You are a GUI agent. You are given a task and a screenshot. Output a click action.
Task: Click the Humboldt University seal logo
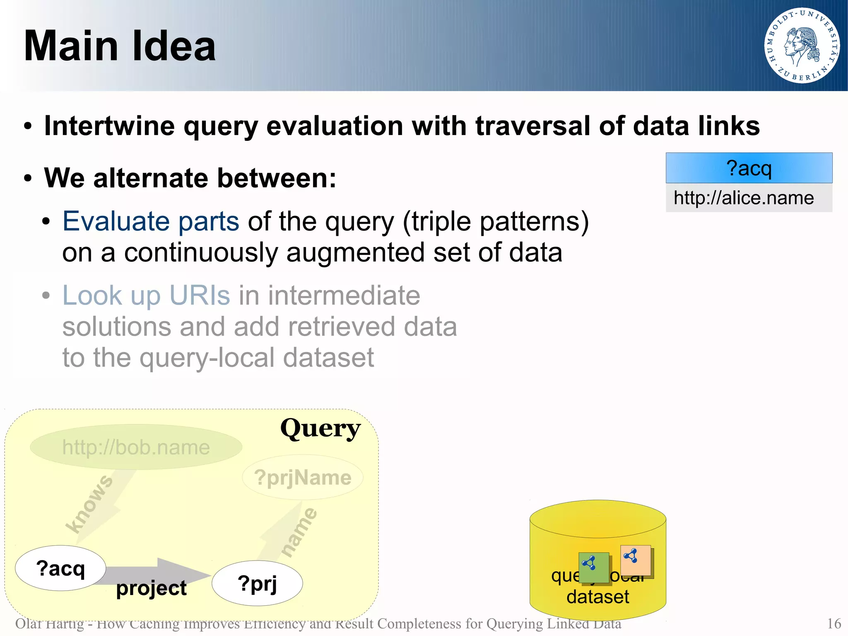(802, 46)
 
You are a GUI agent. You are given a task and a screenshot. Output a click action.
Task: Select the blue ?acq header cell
(749, 168)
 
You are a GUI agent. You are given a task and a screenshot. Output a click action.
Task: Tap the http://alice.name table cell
(749, 198)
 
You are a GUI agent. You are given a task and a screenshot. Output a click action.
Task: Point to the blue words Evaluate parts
(151, 221)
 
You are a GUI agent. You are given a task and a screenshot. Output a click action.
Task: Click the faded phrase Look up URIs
(146, 295)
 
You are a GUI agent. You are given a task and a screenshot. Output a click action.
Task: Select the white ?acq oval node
(60, 568)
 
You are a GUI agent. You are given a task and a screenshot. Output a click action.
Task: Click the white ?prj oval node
(257, 583)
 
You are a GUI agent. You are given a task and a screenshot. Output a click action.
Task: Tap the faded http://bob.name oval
(136, 447)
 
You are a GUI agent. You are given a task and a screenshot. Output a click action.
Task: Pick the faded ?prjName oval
(303, 477)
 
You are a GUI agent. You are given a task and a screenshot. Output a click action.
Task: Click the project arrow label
(151, 588)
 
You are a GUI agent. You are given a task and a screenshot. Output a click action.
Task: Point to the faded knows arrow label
(89, 505)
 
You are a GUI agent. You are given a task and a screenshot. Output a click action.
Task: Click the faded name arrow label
(299, 532)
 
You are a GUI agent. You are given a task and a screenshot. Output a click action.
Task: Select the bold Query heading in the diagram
(320, 428)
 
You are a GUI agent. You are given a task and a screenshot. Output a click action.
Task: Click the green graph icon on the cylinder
(594, 567)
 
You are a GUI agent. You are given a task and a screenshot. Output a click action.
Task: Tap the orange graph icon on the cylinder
(636, 560)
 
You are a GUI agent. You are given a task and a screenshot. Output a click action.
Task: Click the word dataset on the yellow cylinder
(597, 597)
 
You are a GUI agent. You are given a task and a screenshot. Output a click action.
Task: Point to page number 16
(834, 624)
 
